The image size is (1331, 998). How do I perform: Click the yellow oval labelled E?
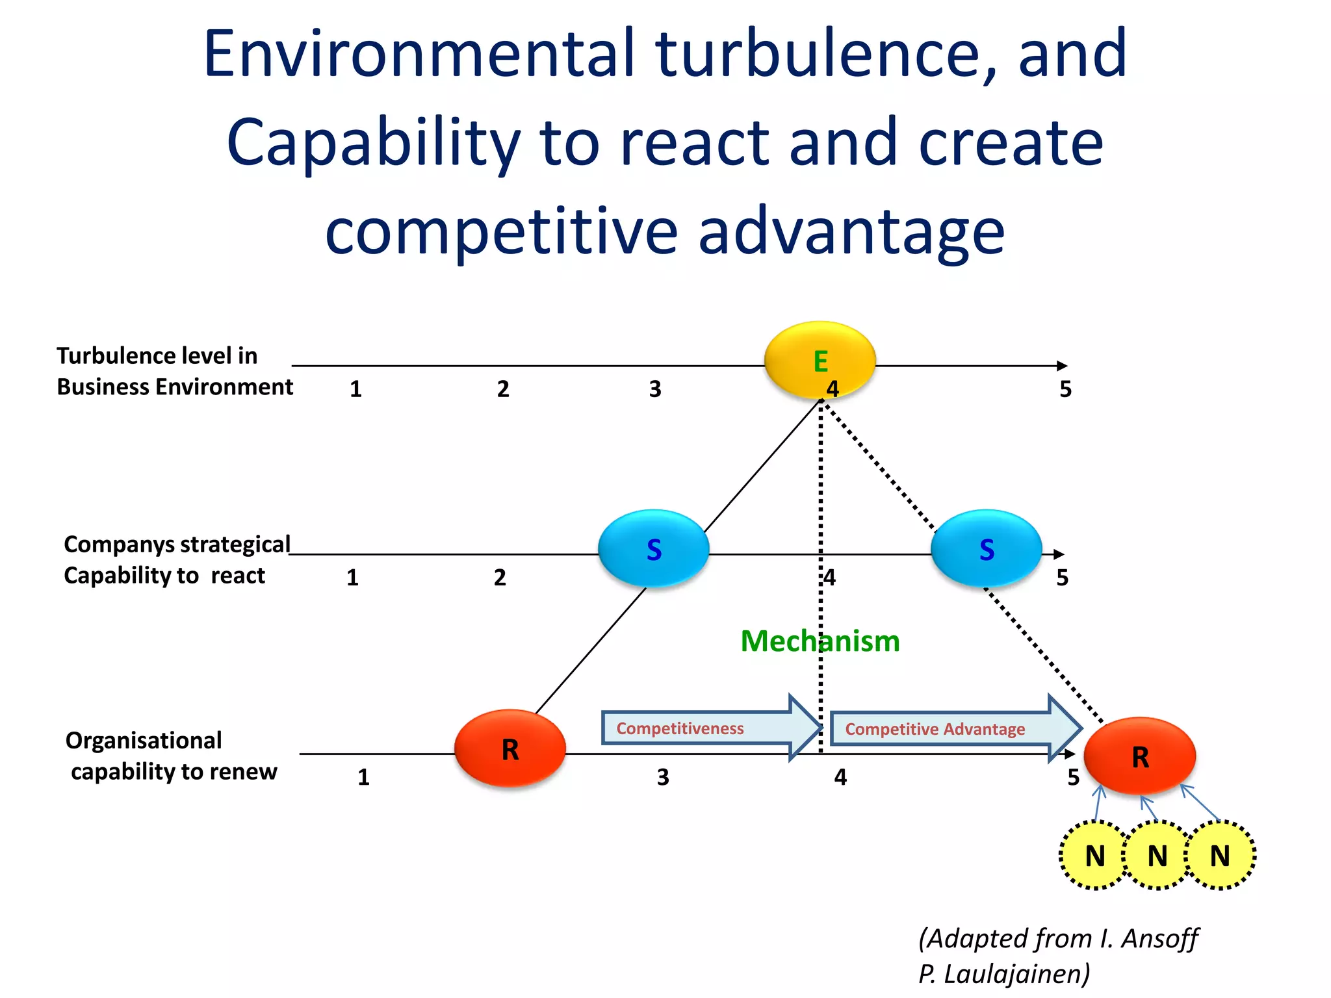(x=820, y=360)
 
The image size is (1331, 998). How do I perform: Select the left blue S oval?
(x=653, y=549)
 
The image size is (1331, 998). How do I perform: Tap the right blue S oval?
(x=986, y=549)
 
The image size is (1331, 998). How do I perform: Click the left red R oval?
(x=510, y=748)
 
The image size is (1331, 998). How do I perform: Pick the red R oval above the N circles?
(x=1140, y=756)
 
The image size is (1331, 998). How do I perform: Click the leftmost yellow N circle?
(x=1095, y=855)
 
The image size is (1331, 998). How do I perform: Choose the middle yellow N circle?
(x=1157, y=855)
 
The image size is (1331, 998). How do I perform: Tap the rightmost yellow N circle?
(x=1220, y=855)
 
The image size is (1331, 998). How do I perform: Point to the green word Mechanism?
(x=820, y=641)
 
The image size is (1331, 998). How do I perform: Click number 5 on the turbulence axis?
(x=1065, y=389)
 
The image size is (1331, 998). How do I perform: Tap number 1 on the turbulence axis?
(x=355, y=389)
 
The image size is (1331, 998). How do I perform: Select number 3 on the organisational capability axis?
(x=662, y=777)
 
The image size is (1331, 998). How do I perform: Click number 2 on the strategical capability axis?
(x=500, y=578)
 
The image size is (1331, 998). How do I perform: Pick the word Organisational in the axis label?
(x=144, y=740)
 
